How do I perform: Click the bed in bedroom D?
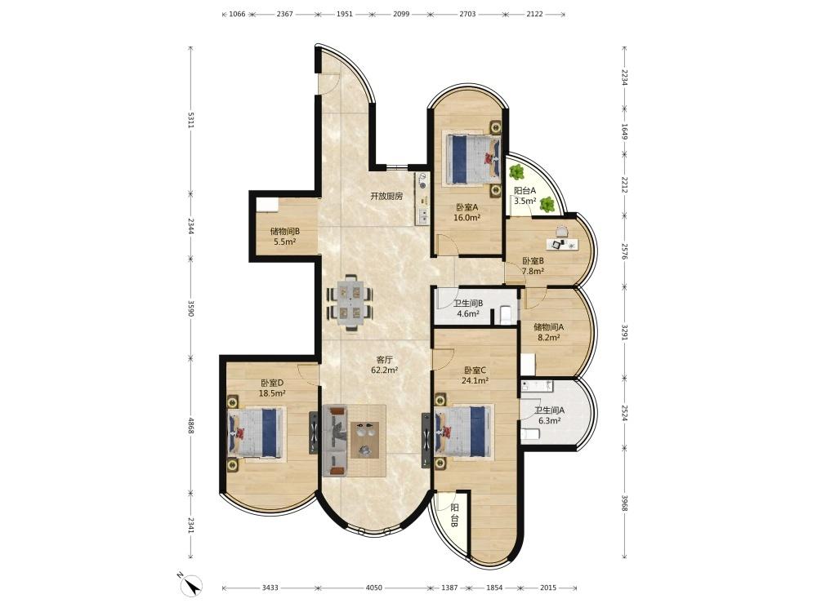[x=257, y=433]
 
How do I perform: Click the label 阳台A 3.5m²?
[x=525, y=196]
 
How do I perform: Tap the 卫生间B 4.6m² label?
[x=468, y=308]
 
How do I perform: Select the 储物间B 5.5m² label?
[x=284, y=237]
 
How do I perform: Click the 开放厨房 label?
[x=386, y=197]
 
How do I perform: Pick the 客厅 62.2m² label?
[x=385, y=365]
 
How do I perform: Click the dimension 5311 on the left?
[x=191, y=120]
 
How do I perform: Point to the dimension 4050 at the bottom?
[x=373, y=588]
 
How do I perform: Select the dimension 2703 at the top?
[x=467, y=14]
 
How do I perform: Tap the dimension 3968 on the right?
[x=624, y=502]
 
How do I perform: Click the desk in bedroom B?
[x=562, y=243]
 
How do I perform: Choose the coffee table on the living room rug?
[x=368, y=439]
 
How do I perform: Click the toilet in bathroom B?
[x=506, y=315]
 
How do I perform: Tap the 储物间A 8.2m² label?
[x=549, y=332]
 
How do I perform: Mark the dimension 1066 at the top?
[x=237, y=14]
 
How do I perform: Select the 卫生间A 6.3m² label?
[x=549, y=415]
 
